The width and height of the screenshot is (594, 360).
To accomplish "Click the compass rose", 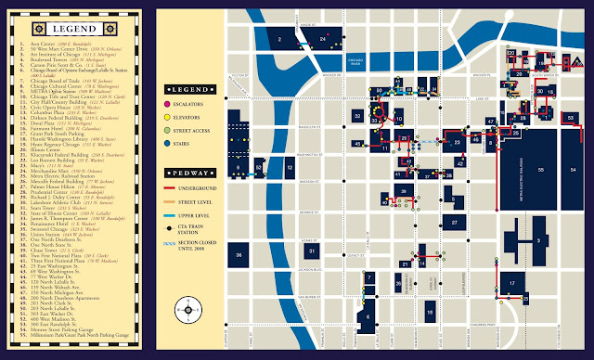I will pyautogui.click(x=190, y=310).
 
